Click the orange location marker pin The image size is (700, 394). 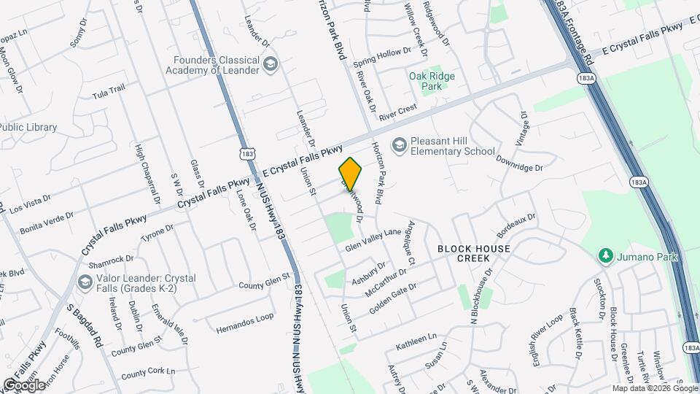click(x=350, y=174)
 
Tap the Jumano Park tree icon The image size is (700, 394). click(x=604, y=256)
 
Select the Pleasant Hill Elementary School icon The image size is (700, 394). click(x=399, y=145)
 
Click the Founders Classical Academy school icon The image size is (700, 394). click(x=271, y=65)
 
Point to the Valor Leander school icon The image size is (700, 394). click(x=85, y=282)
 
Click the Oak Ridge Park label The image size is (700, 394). click(x=432, y=81)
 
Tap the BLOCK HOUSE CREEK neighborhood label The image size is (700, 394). click(x=474, y=253)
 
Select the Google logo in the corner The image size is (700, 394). click(x=24, y=385)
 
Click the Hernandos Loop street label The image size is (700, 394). click(x=244, y=323)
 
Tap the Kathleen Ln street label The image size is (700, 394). click(x=416, y=340)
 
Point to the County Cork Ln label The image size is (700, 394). click(x=148, y=373)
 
